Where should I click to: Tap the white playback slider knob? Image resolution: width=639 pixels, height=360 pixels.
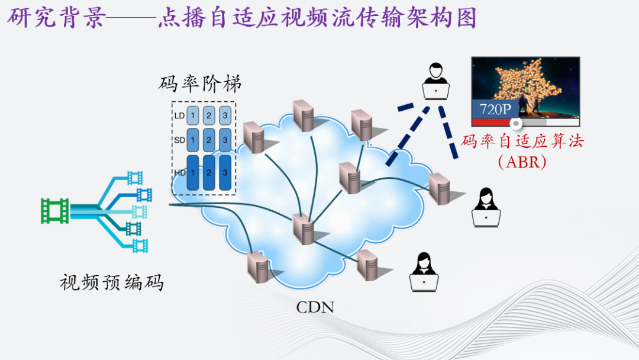[517, 123]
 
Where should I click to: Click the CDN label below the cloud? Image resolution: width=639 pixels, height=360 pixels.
[315, 307]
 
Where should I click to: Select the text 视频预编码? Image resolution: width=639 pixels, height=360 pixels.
[111, 282]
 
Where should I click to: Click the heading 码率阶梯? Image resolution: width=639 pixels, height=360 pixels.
[200, 83]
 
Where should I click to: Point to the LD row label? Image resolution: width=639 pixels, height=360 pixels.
[179, 115]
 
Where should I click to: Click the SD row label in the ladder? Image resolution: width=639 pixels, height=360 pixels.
[179, 140]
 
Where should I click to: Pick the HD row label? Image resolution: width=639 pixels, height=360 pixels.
[179, 173]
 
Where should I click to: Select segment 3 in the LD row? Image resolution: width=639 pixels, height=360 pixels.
[225, 115]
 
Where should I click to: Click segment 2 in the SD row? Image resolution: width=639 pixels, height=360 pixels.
[209, 140]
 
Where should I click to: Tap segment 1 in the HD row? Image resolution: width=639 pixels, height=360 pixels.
[193, 173]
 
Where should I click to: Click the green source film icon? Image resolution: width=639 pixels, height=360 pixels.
[54, 211]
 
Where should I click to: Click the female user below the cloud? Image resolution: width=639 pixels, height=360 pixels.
[424, 272]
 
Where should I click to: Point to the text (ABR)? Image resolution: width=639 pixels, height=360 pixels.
[522, 161]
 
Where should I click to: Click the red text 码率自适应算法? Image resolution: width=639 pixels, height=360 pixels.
[522, 141]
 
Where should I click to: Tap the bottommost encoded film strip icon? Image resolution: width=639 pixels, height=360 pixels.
[140, 245]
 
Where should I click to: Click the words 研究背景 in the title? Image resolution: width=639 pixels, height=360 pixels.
[55, 18]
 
